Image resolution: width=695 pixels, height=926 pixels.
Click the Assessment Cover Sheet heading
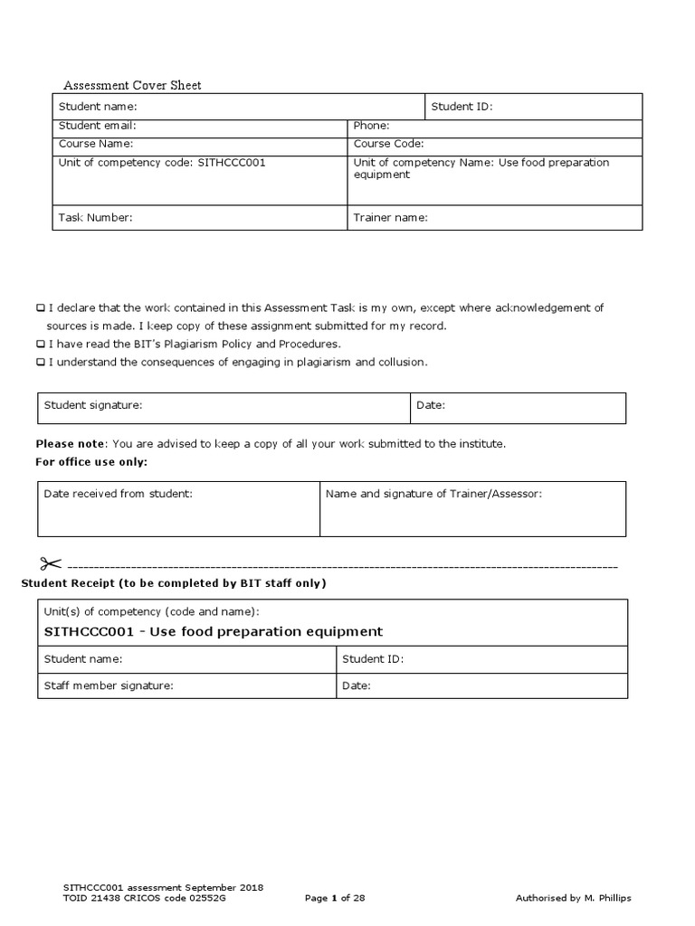(x=132, y=85)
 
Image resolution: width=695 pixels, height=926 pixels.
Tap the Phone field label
(x=371, y=126)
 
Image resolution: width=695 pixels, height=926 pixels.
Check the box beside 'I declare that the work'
(x=41, y=308)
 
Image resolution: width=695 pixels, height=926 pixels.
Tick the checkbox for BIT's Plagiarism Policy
(x=41, y=345)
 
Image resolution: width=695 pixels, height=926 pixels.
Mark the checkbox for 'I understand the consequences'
(x=41, y=363)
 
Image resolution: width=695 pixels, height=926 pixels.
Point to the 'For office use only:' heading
(x=91, y=462)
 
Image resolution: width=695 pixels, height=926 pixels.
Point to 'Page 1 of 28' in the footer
(x=335, y=898)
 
